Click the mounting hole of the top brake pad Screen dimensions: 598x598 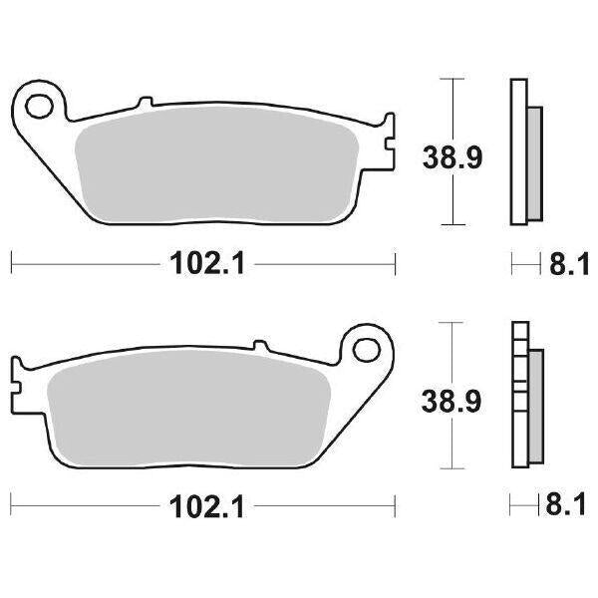click(x=42, y=105)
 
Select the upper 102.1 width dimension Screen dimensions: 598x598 click(x=203, y=264)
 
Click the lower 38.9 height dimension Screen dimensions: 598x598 click(x=445, y=402)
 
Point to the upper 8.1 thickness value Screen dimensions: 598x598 click(x=563, y=264)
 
